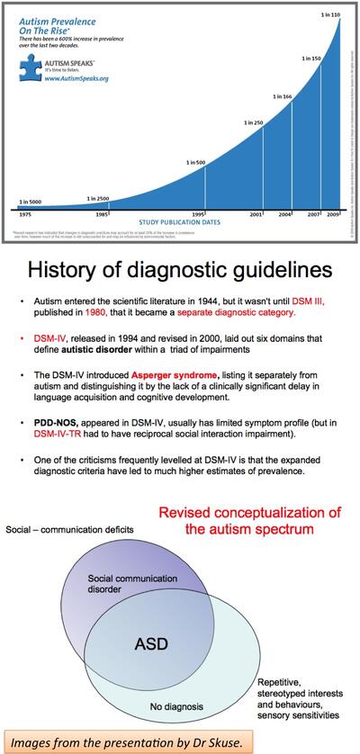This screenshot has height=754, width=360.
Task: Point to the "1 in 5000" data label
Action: (x=32, y=202)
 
